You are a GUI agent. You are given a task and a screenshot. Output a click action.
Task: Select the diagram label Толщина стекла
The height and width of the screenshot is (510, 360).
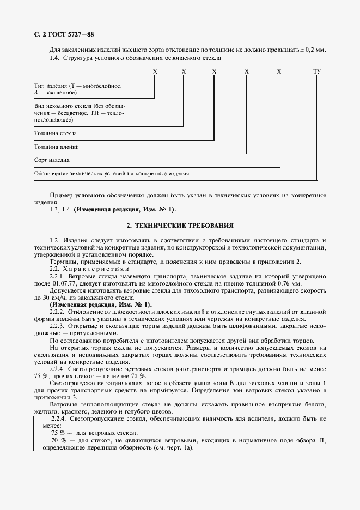pyautogui.click(x=55, y=133)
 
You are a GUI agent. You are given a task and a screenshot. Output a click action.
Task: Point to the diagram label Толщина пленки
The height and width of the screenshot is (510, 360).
pyautogui.click(x=57, y=147)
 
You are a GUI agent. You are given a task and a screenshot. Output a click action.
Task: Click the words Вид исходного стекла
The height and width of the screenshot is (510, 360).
pyautogui.click(x=64, y=105)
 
